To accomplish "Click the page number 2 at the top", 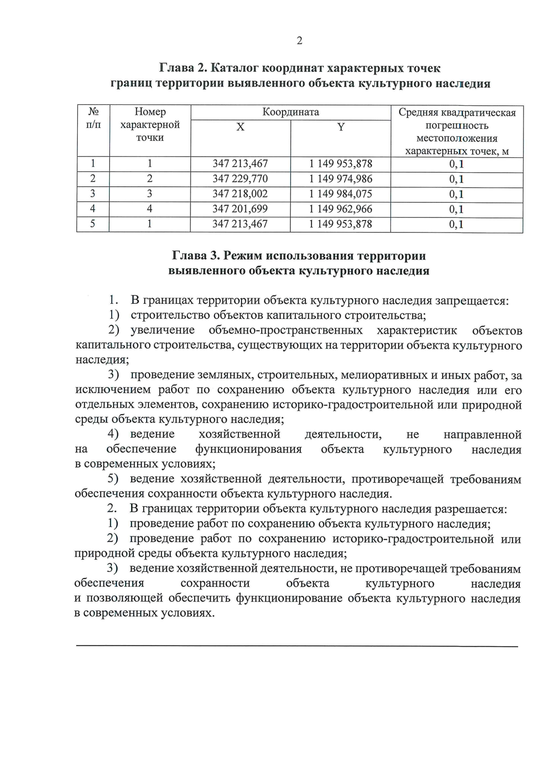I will (x=299, y=41).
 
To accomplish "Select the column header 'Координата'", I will (x=291, y=112).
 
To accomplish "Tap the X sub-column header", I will (x=240, y=127).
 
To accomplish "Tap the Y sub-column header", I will (x=340, y=127).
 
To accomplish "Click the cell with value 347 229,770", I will (x=240, y=179).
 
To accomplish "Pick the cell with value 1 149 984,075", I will (x=340, y=194).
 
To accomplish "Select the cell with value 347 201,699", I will (x=240, y=209).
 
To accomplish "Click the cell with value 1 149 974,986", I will (x=340, y=179).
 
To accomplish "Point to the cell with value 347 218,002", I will (x=240, y=194).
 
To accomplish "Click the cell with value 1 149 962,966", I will (x=340, y=209).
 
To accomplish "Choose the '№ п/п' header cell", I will (x=93, y=118).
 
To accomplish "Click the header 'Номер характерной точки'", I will (x=150, y=125).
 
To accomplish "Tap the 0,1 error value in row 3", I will (x=456, y=194).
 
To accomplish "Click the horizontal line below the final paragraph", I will (x=297, y=646).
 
